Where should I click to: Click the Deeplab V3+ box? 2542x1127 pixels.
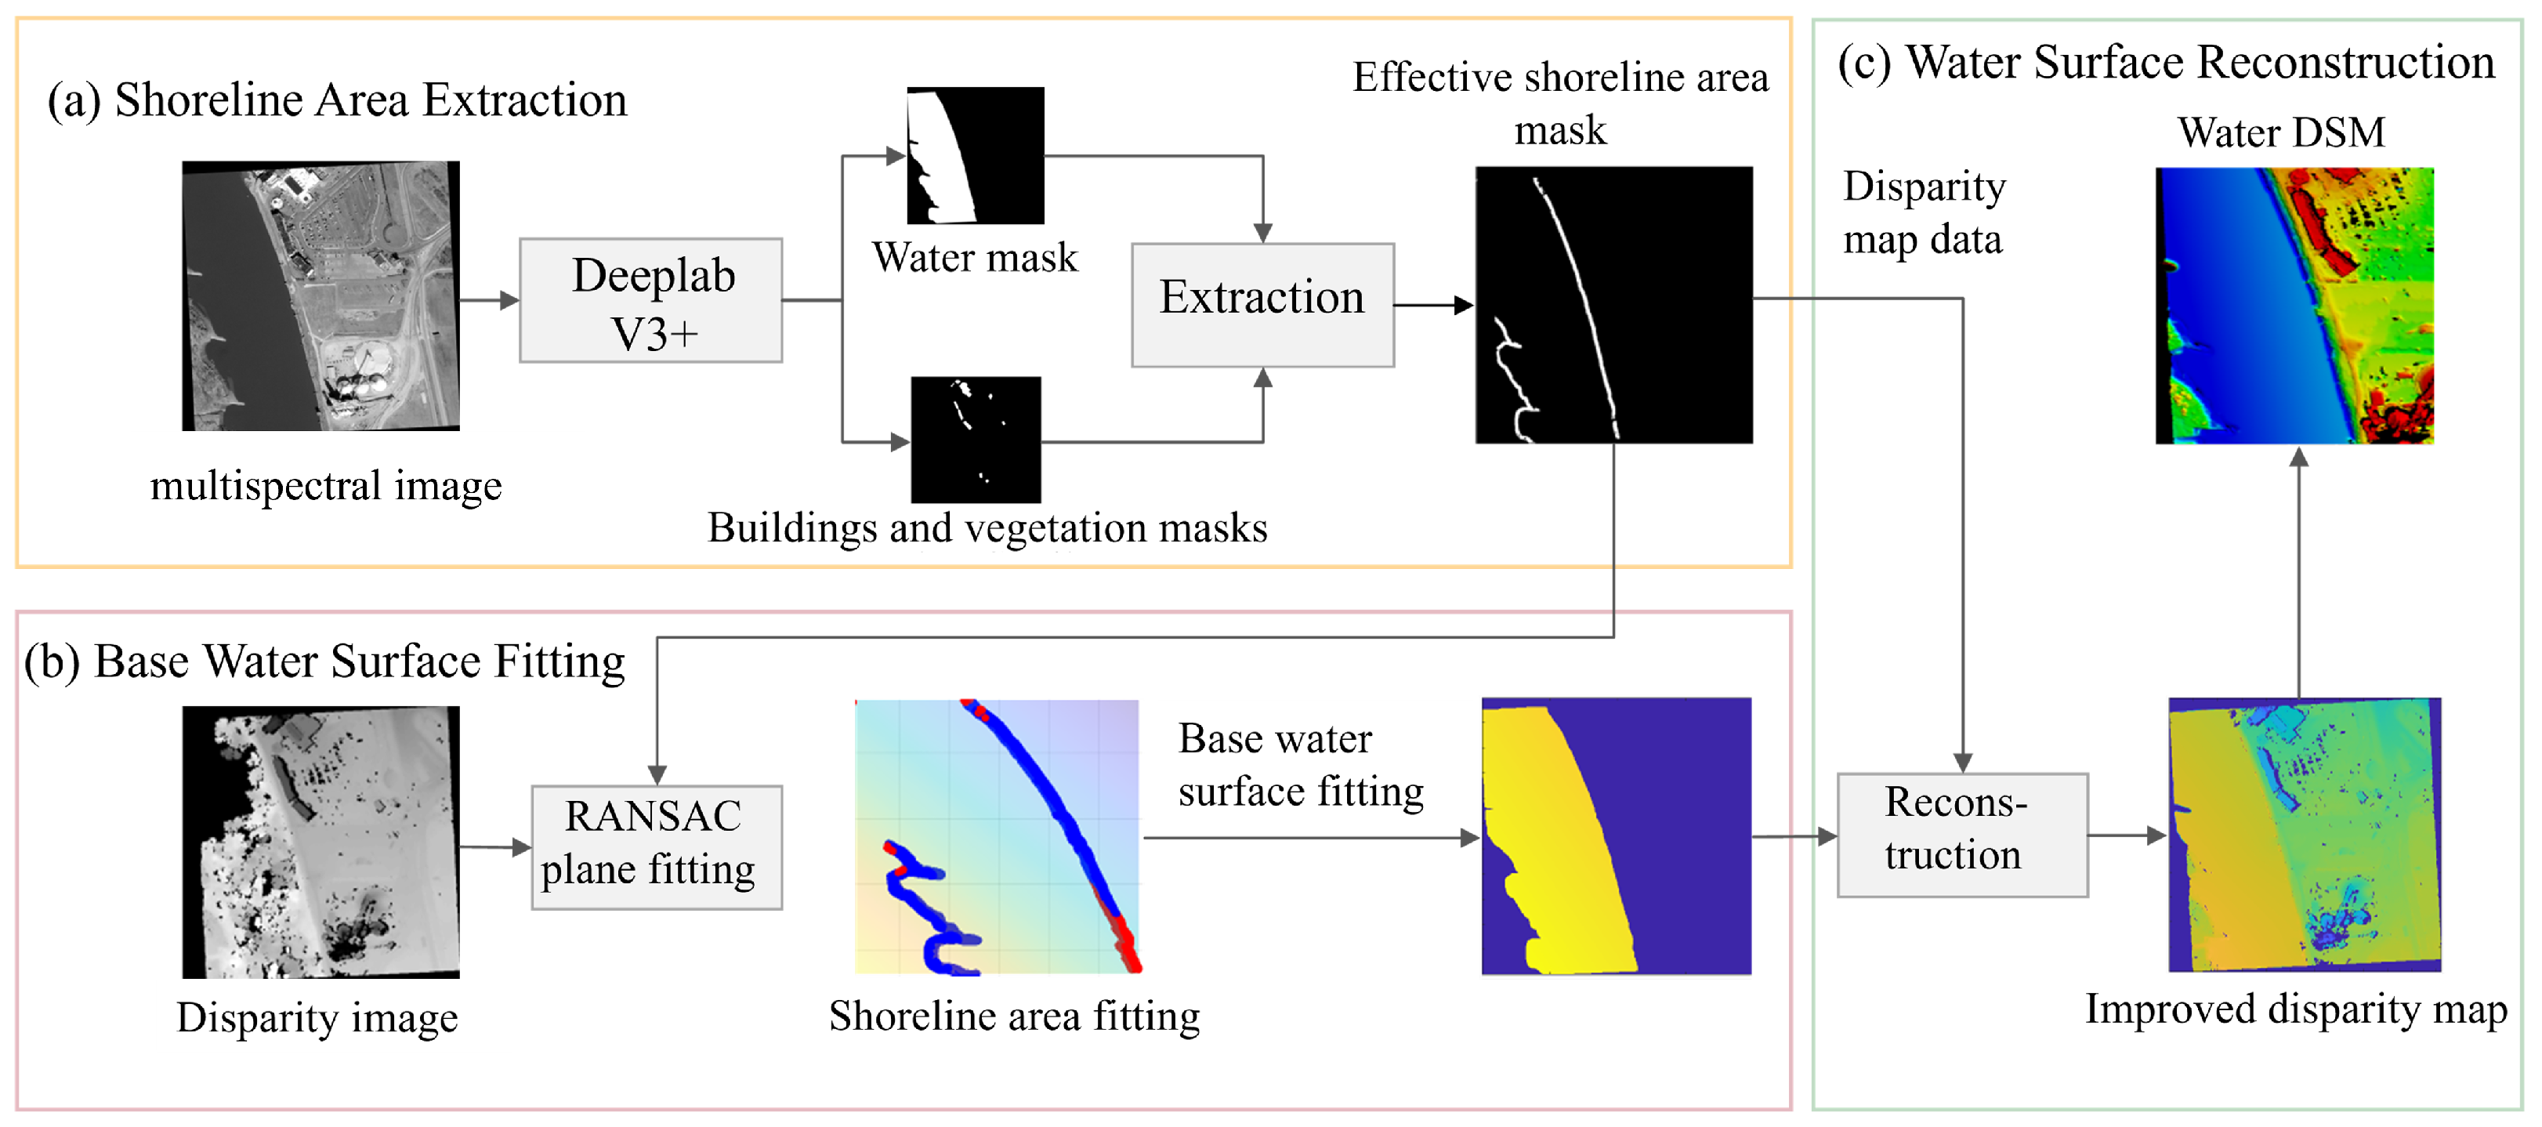pos(651,300)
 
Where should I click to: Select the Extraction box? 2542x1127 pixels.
pos(1262,305)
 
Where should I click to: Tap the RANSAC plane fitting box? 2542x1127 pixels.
pos(656,846)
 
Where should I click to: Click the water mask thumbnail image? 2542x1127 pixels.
pos(975,155)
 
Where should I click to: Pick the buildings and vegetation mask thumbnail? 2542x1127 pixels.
pos(975,439)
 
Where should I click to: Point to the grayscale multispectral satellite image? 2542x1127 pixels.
pos(320,296)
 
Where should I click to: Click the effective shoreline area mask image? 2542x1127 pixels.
pos(1613,305)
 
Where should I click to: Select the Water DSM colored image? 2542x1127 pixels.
pos(2294,305)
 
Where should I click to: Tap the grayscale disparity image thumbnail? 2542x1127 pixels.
pos(320,842)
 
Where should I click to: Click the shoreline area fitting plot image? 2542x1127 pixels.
pos(997,837)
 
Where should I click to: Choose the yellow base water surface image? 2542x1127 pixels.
pos(1616,836)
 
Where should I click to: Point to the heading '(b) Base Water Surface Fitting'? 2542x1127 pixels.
pos(324,661)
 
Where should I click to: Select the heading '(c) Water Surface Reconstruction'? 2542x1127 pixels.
pos(2166,62)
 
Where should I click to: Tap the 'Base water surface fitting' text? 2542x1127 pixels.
pos(1300,765)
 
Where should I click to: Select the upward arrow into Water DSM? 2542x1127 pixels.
pos(2298,572)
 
